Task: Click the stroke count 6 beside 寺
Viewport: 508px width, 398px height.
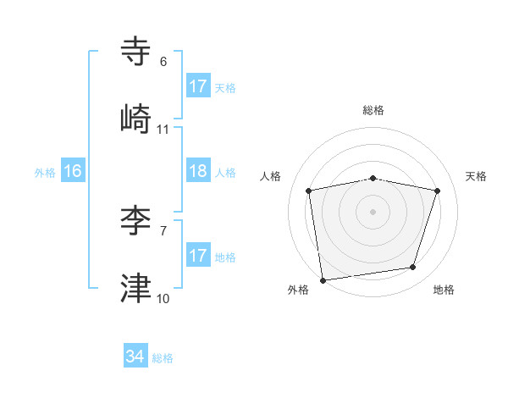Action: pyautogui.click(x=163, y=62)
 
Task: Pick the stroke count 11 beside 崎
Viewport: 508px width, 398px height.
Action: pyautogui.click(x=163, y=130)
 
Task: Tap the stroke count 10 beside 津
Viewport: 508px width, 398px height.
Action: pyautogui.click(x=163, y=299)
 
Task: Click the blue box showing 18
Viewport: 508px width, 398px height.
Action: pyautogui.click(x=198, y=171)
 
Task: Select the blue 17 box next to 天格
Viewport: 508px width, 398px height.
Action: pyautogui.click(x=198, y=86)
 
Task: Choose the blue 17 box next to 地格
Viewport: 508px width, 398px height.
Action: pyautogui.click(x=198, y=256)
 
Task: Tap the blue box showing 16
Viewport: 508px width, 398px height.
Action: pyautogui.click(x=73, y=171)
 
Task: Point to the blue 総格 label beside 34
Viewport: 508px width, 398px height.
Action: pyautogui.click(x=163, y=358)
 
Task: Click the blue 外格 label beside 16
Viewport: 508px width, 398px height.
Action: pyautogui.click(x=45, y=173)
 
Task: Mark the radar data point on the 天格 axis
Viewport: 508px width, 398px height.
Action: pyautogui.click(x=438, y=191)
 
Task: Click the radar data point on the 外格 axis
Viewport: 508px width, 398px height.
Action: pyautogui.click(x=323, y=279)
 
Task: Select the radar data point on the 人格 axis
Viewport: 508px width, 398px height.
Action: pyautogui.click(x=309, y=191)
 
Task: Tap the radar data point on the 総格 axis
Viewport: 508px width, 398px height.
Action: pyautogui.click(x=373, y=178)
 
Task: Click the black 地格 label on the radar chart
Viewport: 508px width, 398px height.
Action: pyautogui.click(x=444, y=290)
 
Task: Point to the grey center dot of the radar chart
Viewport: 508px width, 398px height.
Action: pyautogui.click(x=373, y=211)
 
